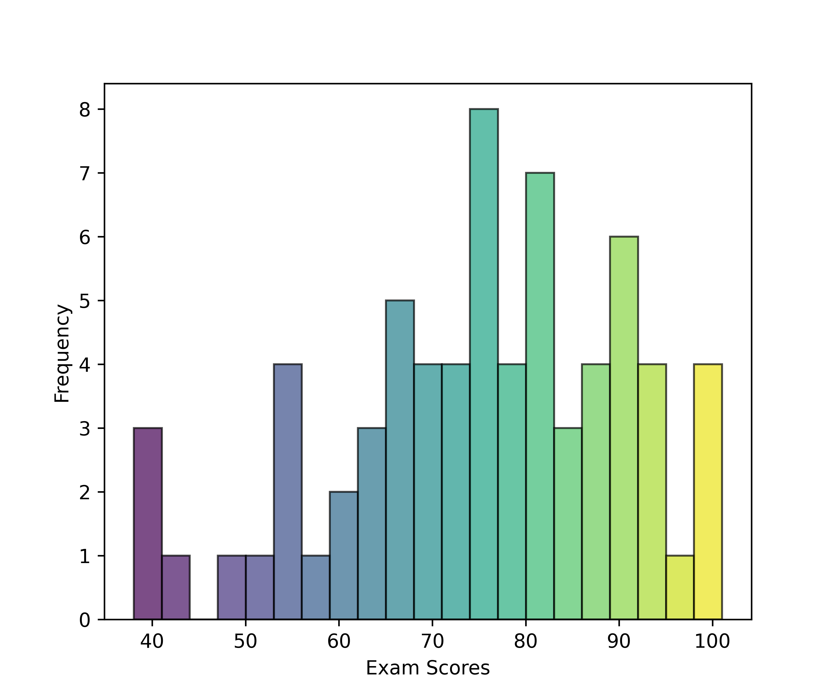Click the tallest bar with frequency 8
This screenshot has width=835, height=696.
pyautogui.click(x=484, y=364)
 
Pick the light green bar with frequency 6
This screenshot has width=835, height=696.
pyautogui.click(x=624, y=428)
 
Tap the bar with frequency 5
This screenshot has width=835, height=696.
pyautogui.click(x=400, y=459)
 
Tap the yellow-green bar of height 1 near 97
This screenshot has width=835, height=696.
pyautogui.click(x=680, y=587)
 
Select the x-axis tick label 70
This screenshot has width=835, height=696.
pyautogui.click(x=432, y=641)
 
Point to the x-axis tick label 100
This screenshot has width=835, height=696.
pyautogui.click(x=712, y=641)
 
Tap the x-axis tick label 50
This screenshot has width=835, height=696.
pyautogui.click(x=245, y=641)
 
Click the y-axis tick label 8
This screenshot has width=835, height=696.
pyautogui.click(x=85, y=109)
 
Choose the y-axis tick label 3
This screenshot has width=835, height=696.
pyautogui.click(x=85, y=428)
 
